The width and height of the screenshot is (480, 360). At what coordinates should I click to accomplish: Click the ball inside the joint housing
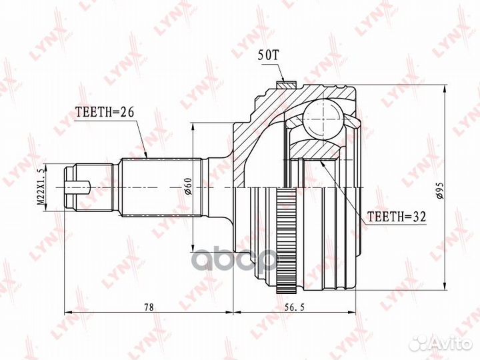322,119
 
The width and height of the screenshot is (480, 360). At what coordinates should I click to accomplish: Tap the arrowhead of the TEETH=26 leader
146,157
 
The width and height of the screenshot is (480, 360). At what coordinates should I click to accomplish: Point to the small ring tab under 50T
285,85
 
